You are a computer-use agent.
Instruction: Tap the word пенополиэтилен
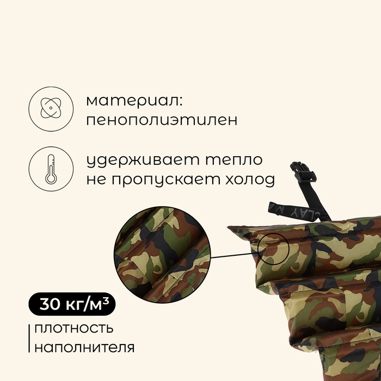pos(162,120)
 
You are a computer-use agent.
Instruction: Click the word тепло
pos(234,161)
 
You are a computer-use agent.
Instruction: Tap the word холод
pos(248,179)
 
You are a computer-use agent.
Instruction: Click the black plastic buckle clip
pos(303,175)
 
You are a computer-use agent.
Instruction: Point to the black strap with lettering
pos(297,210)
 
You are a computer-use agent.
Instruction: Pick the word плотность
pos(74,328)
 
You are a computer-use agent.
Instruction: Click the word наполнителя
pos(84,347)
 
